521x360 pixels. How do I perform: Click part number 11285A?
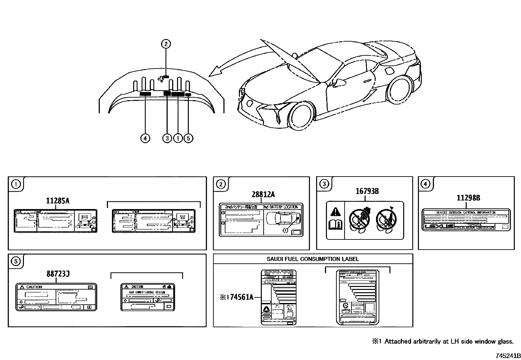(x=58, y=200)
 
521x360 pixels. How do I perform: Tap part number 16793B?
(x=367, y=191)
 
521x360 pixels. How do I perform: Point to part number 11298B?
(x=468, y=198)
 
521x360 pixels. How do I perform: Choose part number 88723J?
(x=58, y=273)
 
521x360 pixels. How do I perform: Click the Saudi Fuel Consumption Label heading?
(x=313, y=259)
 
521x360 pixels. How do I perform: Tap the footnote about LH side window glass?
(x=443, y=341)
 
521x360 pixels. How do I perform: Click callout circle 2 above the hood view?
(x=166, y=44)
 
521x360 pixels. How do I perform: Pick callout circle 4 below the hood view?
(x=145, y=138)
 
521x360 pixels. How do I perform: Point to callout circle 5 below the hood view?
(x=188, y=138)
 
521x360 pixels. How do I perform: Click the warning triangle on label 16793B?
(x=336, y=212)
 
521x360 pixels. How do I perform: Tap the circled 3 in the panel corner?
(x=324, y=184)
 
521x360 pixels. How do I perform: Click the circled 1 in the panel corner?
(x=16, y=184)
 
